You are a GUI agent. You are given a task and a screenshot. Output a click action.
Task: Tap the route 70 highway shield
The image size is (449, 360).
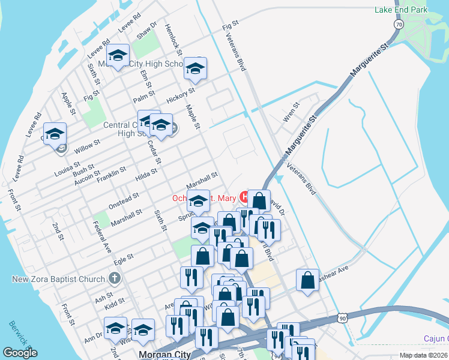coord(399,24)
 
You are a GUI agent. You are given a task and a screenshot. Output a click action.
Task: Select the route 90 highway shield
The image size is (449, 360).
coord(342,316)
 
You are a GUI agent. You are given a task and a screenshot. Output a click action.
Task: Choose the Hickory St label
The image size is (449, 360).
coord(181,95)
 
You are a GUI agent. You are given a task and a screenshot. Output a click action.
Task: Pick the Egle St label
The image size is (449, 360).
coord(122,259)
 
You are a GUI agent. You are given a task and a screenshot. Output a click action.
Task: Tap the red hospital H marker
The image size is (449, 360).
coord(244,196)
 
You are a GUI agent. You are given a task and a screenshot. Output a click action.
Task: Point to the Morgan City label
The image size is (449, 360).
coord(164,355)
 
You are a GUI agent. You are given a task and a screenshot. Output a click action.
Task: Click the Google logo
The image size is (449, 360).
coord(20,353)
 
